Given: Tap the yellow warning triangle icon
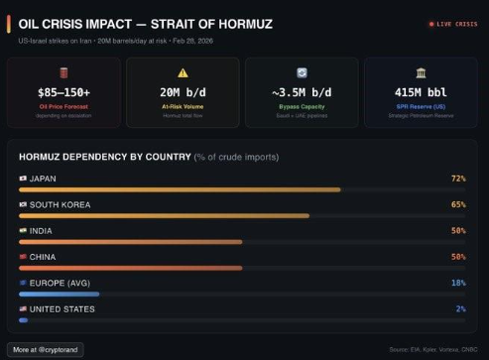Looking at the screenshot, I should [183, 72].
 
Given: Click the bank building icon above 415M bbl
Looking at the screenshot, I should [421, 72].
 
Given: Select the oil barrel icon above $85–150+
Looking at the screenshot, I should [63, 72].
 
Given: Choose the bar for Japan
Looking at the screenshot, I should [180, 188].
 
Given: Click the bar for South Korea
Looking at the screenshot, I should [164, 214].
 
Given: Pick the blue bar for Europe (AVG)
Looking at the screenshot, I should [59, 294].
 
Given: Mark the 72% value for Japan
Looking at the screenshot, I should [458, 179].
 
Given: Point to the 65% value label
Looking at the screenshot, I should [458, 204].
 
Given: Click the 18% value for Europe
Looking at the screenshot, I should [458, 283].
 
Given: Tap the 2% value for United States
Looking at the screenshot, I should [460, 308].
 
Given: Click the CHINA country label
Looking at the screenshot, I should [44, 257].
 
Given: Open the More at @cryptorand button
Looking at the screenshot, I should [46, 349].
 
